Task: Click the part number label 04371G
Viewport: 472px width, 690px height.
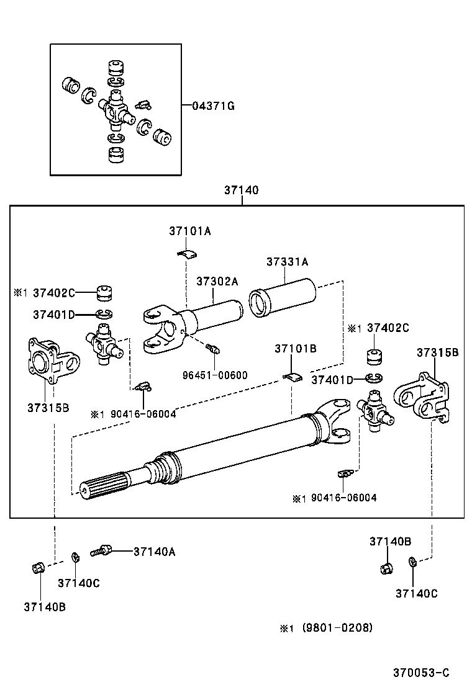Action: click(x=213, y=106)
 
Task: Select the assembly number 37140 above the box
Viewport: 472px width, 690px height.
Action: click(x=241, y=190)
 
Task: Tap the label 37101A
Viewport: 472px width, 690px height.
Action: click(x=189, y=231)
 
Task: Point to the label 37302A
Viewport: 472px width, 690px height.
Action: click(x=217, y=281)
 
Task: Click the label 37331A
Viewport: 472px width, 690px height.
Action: click(x=287, y=262)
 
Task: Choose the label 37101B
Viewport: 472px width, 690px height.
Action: click(x=295, y=349)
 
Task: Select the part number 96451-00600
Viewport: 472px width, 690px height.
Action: click(x=215, y=375)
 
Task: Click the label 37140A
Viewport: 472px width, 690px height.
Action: click(x=154, y=551)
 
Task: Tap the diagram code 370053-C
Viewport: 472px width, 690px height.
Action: click(x=420, y=673)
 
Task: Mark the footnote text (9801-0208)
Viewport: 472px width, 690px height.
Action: click(x=337, y=628)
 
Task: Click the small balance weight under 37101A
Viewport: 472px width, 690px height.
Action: click(x=185, y=253)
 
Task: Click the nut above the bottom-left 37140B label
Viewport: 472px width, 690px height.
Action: click(x=36, y=567)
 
